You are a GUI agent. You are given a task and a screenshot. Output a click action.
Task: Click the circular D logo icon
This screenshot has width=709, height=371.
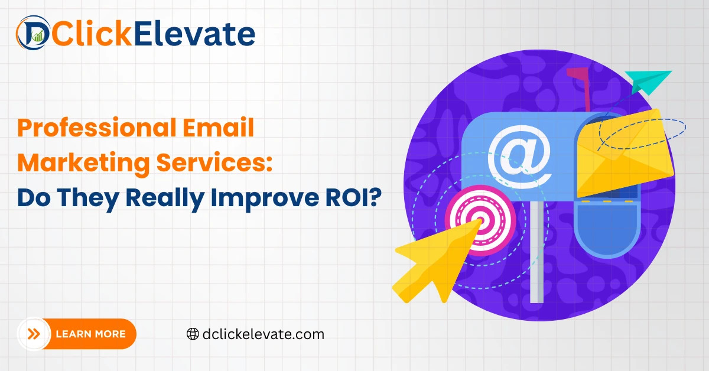tap(33, 32)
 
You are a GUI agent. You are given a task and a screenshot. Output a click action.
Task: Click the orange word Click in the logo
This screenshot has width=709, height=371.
tap(92, 33)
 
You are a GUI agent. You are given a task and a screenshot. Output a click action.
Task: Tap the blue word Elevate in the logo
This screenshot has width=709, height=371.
tap(194, 34)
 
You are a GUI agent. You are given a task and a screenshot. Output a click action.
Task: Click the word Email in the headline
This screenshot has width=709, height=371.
tap(219, 127)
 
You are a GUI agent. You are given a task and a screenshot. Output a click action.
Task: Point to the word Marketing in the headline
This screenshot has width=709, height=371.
tap(83, 163)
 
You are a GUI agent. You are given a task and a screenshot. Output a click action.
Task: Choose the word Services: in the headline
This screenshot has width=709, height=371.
tap(214, 162)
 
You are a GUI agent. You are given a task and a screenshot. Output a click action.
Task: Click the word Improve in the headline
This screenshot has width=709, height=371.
tap(265, 198)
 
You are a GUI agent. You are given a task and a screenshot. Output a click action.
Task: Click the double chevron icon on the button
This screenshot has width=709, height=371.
tap(34, 334)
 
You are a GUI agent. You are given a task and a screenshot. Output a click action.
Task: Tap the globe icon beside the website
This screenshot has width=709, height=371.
tap(193, 334)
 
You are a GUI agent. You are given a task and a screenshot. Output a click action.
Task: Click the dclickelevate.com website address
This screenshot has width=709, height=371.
tap(264, 334)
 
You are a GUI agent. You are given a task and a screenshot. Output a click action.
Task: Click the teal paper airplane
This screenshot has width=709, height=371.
tap(647, 82)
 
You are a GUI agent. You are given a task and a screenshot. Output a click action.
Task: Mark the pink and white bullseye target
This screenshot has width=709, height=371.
tap(480, 220)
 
